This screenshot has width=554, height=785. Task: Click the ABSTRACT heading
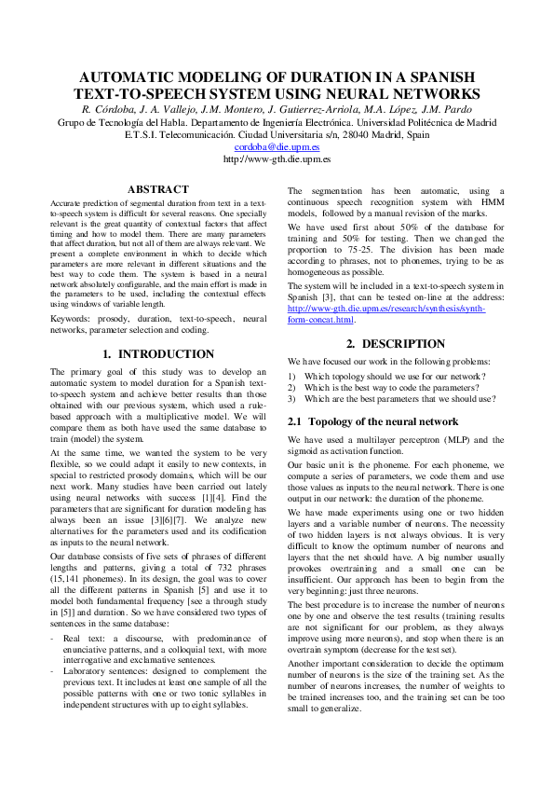tap(157, 188)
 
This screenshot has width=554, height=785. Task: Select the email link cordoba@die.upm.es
tap(277, 146)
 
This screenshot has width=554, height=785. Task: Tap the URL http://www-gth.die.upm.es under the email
tap(277, 159)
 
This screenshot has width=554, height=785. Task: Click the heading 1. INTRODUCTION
tap(157, 354)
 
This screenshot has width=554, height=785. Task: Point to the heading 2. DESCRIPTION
tap(396, 343)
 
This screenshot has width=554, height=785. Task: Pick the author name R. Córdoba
tap(111, 109)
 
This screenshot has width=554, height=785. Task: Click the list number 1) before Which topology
tap(291, 376)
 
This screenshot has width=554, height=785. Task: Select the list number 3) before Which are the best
tap(291, 398)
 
